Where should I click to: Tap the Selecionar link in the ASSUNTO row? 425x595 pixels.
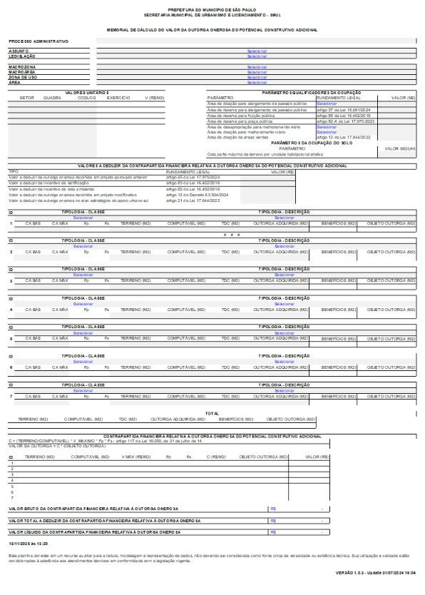[257, 51]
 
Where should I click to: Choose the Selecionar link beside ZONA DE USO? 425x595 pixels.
[257, 78]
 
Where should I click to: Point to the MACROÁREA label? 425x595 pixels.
[22, 72]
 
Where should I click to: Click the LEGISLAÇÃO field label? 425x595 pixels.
[22, 56]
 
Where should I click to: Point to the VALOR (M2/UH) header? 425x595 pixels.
[399, 148]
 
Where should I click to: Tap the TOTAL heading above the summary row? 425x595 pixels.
[212, 413]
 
